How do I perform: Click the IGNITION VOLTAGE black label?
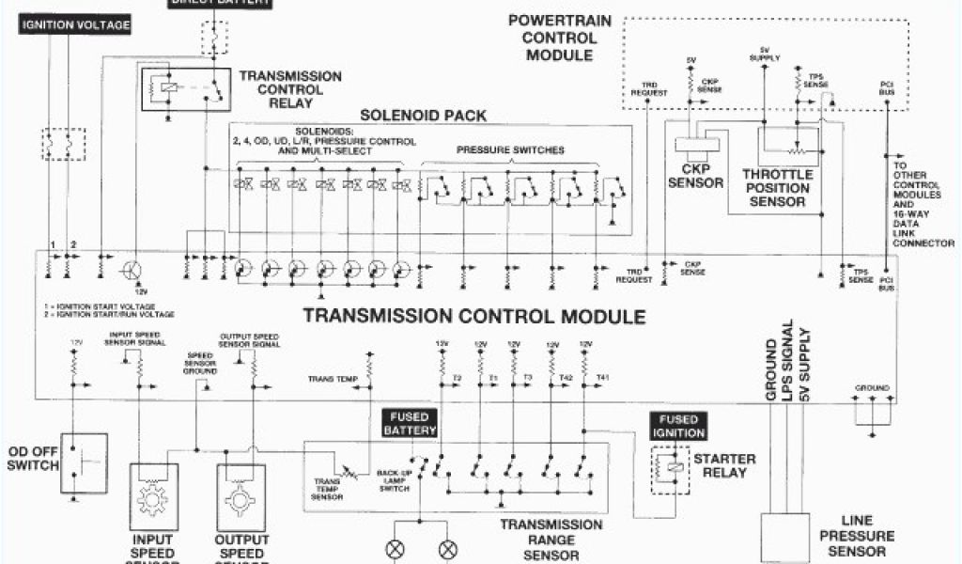coord(74,25)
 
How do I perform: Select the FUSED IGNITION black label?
coord(676,426)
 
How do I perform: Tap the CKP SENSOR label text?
coord(695,176)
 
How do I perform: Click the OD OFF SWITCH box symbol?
coord(85,462)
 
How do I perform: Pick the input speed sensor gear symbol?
coord(151,498)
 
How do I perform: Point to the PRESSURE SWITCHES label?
coord(510,150)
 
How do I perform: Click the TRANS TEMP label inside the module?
coord(333,380)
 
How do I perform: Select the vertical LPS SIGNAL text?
coord(787,363)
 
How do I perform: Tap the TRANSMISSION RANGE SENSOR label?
coord(551,540)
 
